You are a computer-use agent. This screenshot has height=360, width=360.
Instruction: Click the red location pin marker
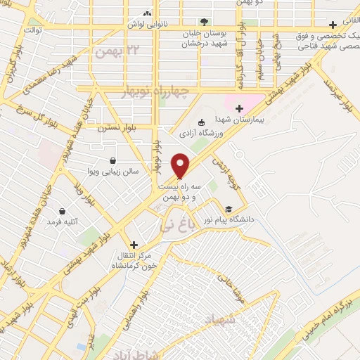click(181, 166)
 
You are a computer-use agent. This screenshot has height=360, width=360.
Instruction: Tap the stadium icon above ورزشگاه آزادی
click(202, 122)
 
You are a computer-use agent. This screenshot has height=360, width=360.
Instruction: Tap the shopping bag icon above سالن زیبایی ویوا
click(114, 158)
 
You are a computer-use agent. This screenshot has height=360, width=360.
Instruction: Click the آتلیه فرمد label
click(60, 222)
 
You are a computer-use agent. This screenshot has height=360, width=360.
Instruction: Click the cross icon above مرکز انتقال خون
click(134, 245)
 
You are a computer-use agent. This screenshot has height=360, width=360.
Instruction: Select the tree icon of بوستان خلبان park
click(203, 22)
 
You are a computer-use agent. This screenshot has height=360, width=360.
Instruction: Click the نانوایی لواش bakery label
click(148, 24)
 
